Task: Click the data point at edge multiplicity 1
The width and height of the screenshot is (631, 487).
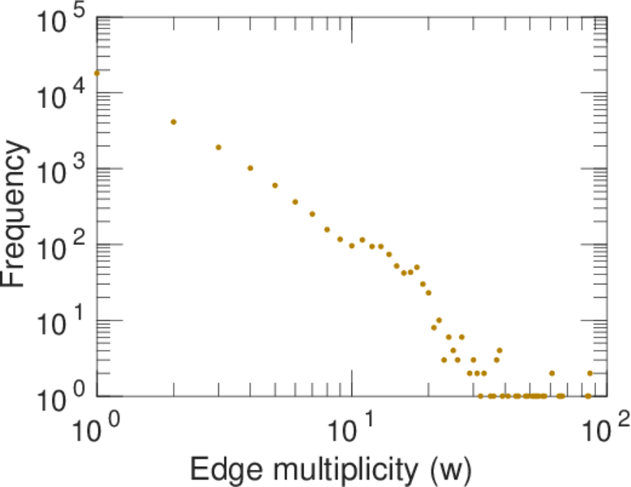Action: (x=97, y=73)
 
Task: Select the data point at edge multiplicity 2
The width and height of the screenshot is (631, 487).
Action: (x=174, y=122)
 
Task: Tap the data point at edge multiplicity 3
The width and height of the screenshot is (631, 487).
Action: (x=218, y=148)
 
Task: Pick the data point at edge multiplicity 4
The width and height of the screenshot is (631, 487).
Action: (x=251, y=168)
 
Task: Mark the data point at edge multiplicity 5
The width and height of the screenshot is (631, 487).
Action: (x=275, y=185)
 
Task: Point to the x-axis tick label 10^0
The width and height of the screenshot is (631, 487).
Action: (x=97, y=427)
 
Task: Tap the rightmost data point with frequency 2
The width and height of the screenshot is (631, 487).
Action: (x=590, y=373)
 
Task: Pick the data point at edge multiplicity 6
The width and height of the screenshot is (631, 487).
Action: (x=295, y=201)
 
